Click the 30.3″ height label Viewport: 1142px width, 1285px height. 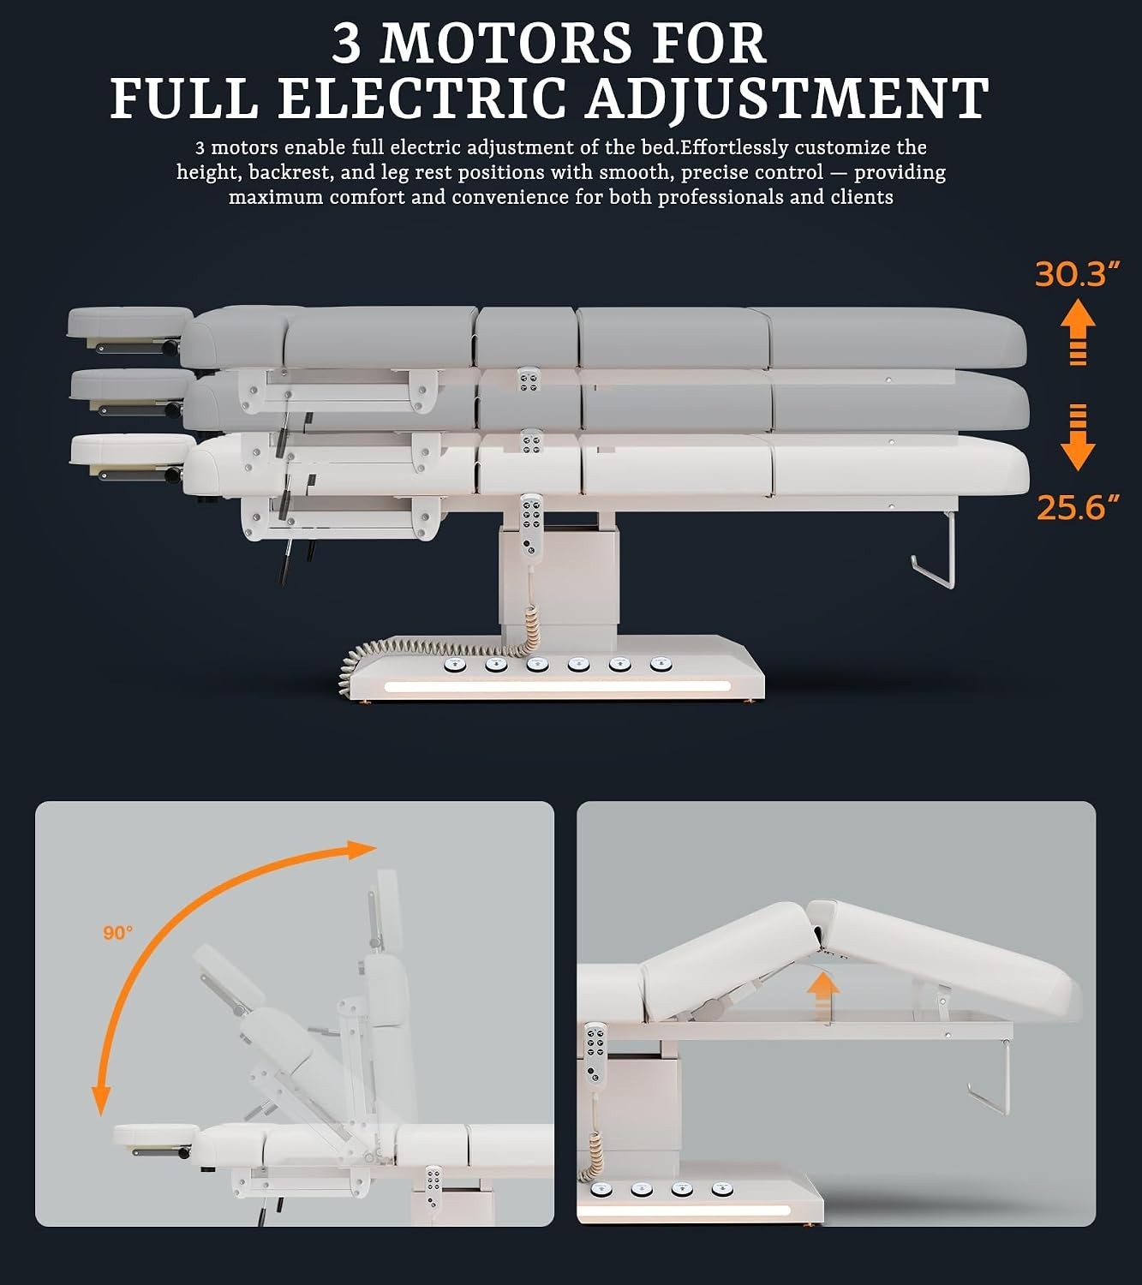pos(1077,274)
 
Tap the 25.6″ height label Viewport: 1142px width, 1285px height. pos(1077,508)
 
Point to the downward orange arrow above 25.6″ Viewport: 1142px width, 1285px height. pos(1078,438)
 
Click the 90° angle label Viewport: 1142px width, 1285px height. pos(118,932)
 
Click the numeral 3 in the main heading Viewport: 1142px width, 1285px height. pos(346,44)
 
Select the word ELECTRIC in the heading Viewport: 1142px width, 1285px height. pos(422,99)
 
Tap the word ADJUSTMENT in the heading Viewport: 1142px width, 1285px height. pos(787,99)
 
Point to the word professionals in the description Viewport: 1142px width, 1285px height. pos(720,197)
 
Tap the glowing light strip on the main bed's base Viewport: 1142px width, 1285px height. pos(557,686)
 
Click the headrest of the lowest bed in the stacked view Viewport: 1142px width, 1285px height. pos(132,449)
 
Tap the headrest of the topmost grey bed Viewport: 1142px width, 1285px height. pos(129,321)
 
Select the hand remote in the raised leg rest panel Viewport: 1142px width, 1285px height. pos(595,1053)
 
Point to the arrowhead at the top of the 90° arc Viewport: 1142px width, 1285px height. pos(362,849)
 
